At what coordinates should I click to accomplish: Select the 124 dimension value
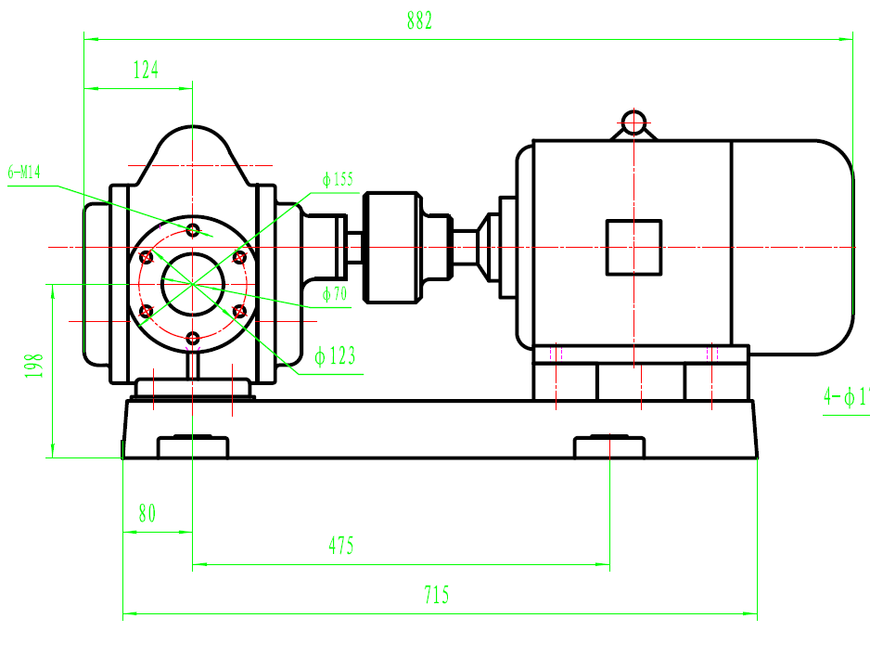point(146,70)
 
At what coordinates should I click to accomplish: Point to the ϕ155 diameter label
point(339,180)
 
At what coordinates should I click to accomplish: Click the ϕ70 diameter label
point(335,294)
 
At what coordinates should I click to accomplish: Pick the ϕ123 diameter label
point(335,356)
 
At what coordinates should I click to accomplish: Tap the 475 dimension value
point(341,546)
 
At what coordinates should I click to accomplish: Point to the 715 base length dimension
point(435,595)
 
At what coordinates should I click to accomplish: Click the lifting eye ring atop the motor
point(634,122)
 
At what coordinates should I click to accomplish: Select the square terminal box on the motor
point(633,248)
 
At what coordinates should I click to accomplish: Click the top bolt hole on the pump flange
point(192,229)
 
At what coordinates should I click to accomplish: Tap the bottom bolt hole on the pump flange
point(192,338)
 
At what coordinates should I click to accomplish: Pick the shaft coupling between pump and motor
point(392,247)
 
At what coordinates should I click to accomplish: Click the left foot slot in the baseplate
point(192,447)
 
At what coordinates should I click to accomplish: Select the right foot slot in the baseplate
point(608,447)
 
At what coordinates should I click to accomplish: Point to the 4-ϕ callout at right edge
point(845,397)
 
